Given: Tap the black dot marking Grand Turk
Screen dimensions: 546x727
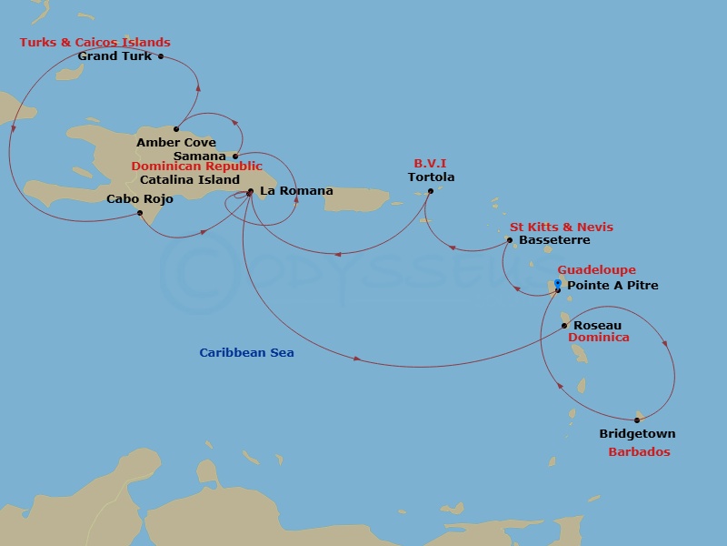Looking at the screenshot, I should pyautogui.click(x=161, y=56).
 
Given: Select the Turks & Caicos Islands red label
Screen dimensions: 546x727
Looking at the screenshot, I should pyautogui.click(x=95, y=43).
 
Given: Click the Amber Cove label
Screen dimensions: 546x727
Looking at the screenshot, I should pyautogui.click(x=176, y=143).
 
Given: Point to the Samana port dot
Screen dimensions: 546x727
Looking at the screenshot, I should pyautogui.click(x=235, y=157).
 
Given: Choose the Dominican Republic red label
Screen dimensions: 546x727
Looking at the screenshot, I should pyautogui.click(x=196, y=167).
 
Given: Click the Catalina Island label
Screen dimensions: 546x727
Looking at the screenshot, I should pyautogui.click(x=190, y=180).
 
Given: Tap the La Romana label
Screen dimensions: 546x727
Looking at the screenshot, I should pyautogui.click(x=296, y=191).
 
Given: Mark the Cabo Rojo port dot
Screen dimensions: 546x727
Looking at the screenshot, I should pyautogui.click(x=140, y=213).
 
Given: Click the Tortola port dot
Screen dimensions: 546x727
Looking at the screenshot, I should pyautogui.click(x=431, y=190).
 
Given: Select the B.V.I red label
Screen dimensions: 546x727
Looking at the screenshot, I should pyautogui.click(x=432, y=165).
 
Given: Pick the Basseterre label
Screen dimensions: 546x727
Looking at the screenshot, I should pyautogui.click(x=555, y=240).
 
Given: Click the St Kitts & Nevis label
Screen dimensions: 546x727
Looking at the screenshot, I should pyautogui.click(x=561, y=227).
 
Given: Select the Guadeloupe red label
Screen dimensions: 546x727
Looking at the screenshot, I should pyautogui.click(x=596, y=270).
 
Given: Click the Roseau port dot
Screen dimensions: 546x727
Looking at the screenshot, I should pyautogui.click(x=564, y=325).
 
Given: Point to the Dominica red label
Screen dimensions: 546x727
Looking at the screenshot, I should pyautogui.click(x=598, y=338).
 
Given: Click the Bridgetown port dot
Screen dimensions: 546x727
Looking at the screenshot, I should pyautogui.click(x=637, y=420).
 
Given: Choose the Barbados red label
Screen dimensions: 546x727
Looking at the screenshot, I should pyautogui.click(x=639, y=452).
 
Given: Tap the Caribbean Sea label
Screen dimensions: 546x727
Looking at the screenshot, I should pyautogui.click(x=246, y=352).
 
